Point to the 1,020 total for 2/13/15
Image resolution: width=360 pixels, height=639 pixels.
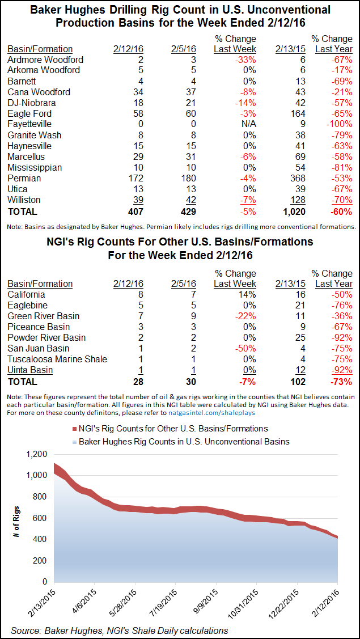[293, 211]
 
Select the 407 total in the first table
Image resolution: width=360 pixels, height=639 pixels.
[134, 211]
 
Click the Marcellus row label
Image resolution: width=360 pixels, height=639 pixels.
[26, 156]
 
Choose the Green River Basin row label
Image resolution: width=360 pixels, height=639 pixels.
[44, 316]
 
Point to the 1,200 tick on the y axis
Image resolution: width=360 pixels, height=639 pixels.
[36, 454]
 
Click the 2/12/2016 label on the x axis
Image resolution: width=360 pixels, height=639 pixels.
[332, 600]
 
